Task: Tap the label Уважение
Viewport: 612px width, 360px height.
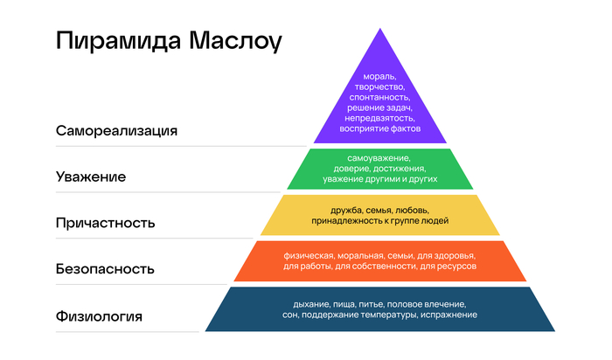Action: (x=90, y=177)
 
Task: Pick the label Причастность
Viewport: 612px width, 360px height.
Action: (x=105, y=223)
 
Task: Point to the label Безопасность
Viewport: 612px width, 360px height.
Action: (x=105, y=269)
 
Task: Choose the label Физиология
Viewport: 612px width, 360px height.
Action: (x=98, y=315)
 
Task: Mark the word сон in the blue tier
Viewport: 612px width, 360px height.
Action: (x=290, y=314)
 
